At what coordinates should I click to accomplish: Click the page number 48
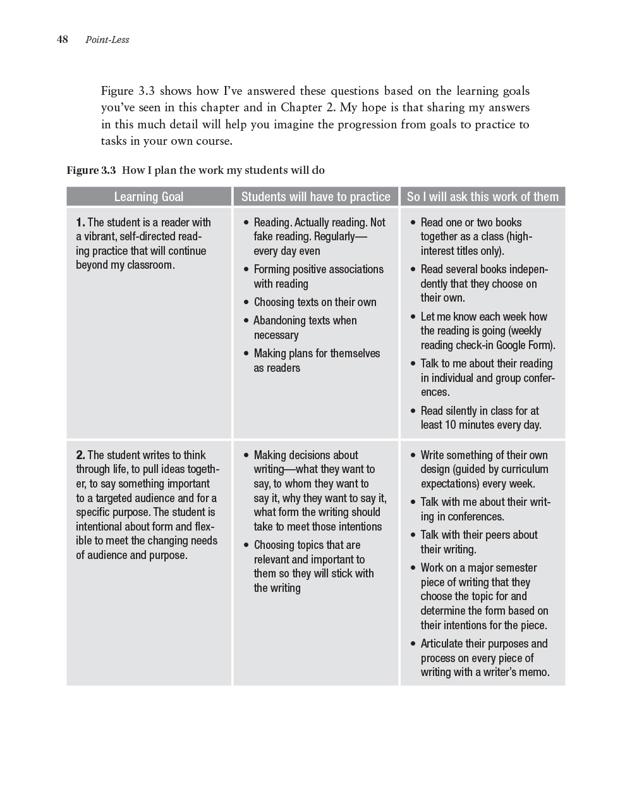(x=62, y=40)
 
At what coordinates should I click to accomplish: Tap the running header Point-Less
(x=107, y=40)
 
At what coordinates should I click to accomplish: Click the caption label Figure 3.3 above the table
(x=92, y=170)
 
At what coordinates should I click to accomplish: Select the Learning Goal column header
(x=149, y=197)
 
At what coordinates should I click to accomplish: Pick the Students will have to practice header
(x=315, y=197)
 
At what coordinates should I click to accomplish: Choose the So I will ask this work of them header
(x=482, y=197)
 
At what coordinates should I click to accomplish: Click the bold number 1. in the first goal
(x=80, y=223)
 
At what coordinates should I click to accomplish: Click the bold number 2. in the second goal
(x=80, y=455)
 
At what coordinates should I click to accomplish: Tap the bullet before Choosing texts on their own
(x=246, y=303)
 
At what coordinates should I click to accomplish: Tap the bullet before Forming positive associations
(x=246, y=270)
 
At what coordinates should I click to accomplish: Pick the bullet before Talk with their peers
(x=413, y=536)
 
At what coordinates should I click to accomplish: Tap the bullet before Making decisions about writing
(x=246, y=456)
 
